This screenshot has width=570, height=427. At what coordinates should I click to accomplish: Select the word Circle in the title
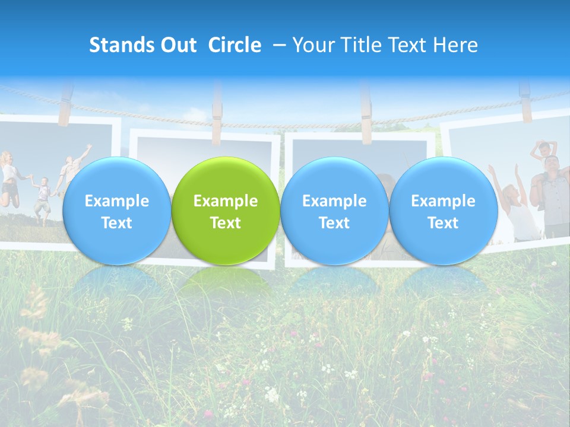235,45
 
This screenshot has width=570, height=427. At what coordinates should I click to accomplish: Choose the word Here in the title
457,45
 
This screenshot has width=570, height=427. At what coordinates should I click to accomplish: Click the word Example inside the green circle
226,201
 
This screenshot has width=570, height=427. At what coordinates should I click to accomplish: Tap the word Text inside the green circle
226,223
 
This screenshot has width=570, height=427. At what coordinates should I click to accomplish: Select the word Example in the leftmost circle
116,201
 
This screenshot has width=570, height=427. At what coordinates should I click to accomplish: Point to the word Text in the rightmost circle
443,223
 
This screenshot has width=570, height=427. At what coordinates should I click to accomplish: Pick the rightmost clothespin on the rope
525,95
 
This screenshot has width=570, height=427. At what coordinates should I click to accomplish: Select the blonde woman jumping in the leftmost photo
8,178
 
